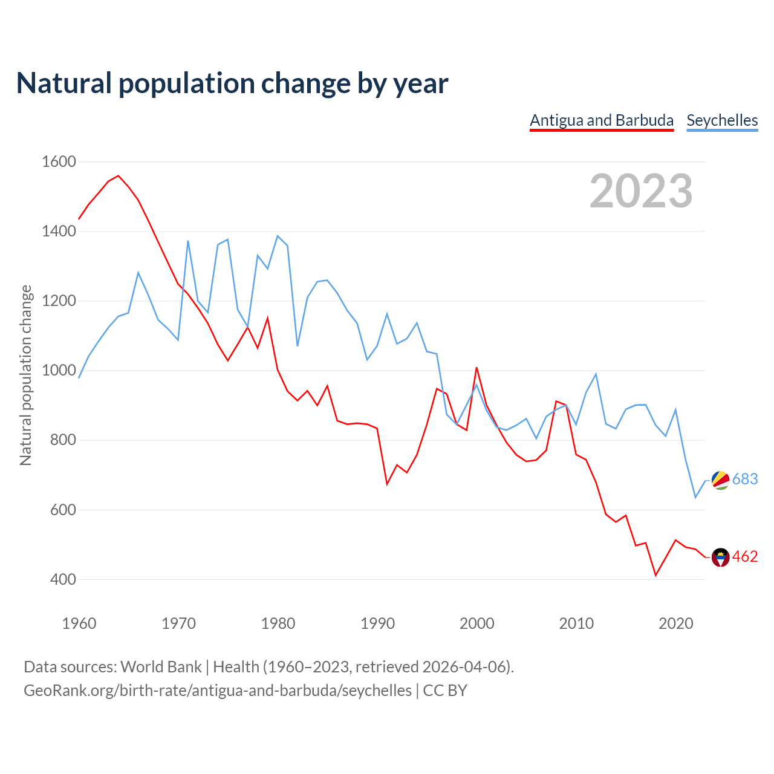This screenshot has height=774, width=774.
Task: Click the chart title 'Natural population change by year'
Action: tap(232, 83)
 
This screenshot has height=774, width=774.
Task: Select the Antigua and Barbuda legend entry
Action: tap(602, 120)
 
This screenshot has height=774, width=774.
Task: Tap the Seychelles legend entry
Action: tap(722, 120)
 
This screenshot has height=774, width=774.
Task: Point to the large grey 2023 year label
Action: tap(641, 191)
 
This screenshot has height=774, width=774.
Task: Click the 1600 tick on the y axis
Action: tap(59, 162)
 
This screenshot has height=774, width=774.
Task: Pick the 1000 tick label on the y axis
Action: tap(59, 371)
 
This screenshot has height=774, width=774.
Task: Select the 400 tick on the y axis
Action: tap(63, 579)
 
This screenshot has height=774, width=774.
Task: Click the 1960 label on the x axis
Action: tap(79, 623)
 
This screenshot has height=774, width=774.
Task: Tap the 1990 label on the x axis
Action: tap(377, 623)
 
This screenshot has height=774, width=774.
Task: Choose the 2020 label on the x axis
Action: tap(675, 623)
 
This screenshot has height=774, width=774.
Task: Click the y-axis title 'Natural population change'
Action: tap(26, 376)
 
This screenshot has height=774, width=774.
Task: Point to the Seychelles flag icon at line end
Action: tap(720, 480)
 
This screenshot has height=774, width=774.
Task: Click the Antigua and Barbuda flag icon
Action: tap(720, 557)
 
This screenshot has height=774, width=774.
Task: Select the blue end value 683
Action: tap(745, 480)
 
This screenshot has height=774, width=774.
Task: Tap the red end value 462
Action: tap(745, 557)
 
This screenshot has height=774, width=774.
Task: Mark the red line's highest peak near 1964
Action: tap(119, 176)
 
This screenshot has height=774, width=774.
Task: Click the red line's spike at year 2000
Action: tap(476, 368)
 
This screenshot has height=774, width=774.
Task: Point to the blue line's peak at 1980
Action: tap(278, 236)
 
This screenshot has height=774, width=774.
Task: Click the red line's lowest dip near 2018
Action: tap(655, 575)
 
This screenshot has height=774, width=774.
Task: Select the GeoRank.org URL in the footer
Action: tap(218, 691)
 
